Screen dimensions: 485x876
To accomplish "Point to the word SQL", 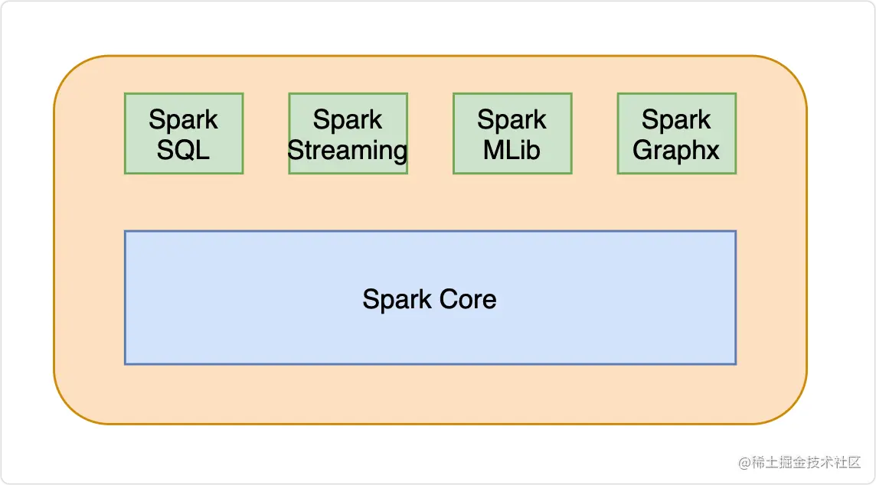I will click(x=183, y=150).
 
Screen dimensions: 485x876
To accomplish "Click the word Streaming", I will click(x=348, y=150).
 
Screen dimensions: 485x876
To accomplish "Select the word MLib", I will click(x=512, y=150).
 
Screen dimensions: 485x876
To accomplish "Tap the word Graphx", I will click(x=676, y=151).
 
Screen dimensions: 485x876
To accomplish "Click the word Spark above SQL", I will click(x=183, y=120).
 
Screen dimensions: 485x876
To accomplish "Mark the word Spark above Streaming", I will click(x=348, y=120).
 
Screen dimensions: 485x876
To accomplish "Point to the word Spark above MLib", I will click(x=512, y=120).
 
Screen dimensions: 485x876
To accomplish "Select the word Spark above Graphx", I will click(x=676, y=120).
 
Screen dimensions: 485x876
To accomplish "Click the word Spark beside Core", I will click(x=395, y=299).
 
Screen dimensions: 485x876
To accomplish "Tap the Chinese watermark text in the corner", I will click(x=806, y=463).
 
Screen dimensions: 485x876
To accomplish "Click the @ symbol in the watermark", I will click(x=744, y=463).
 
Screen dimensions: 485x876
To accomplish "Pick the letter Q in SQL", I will click(x=185, y=150).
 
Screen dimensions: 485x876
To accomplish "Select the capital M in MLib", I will click(x=493, y=150).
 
